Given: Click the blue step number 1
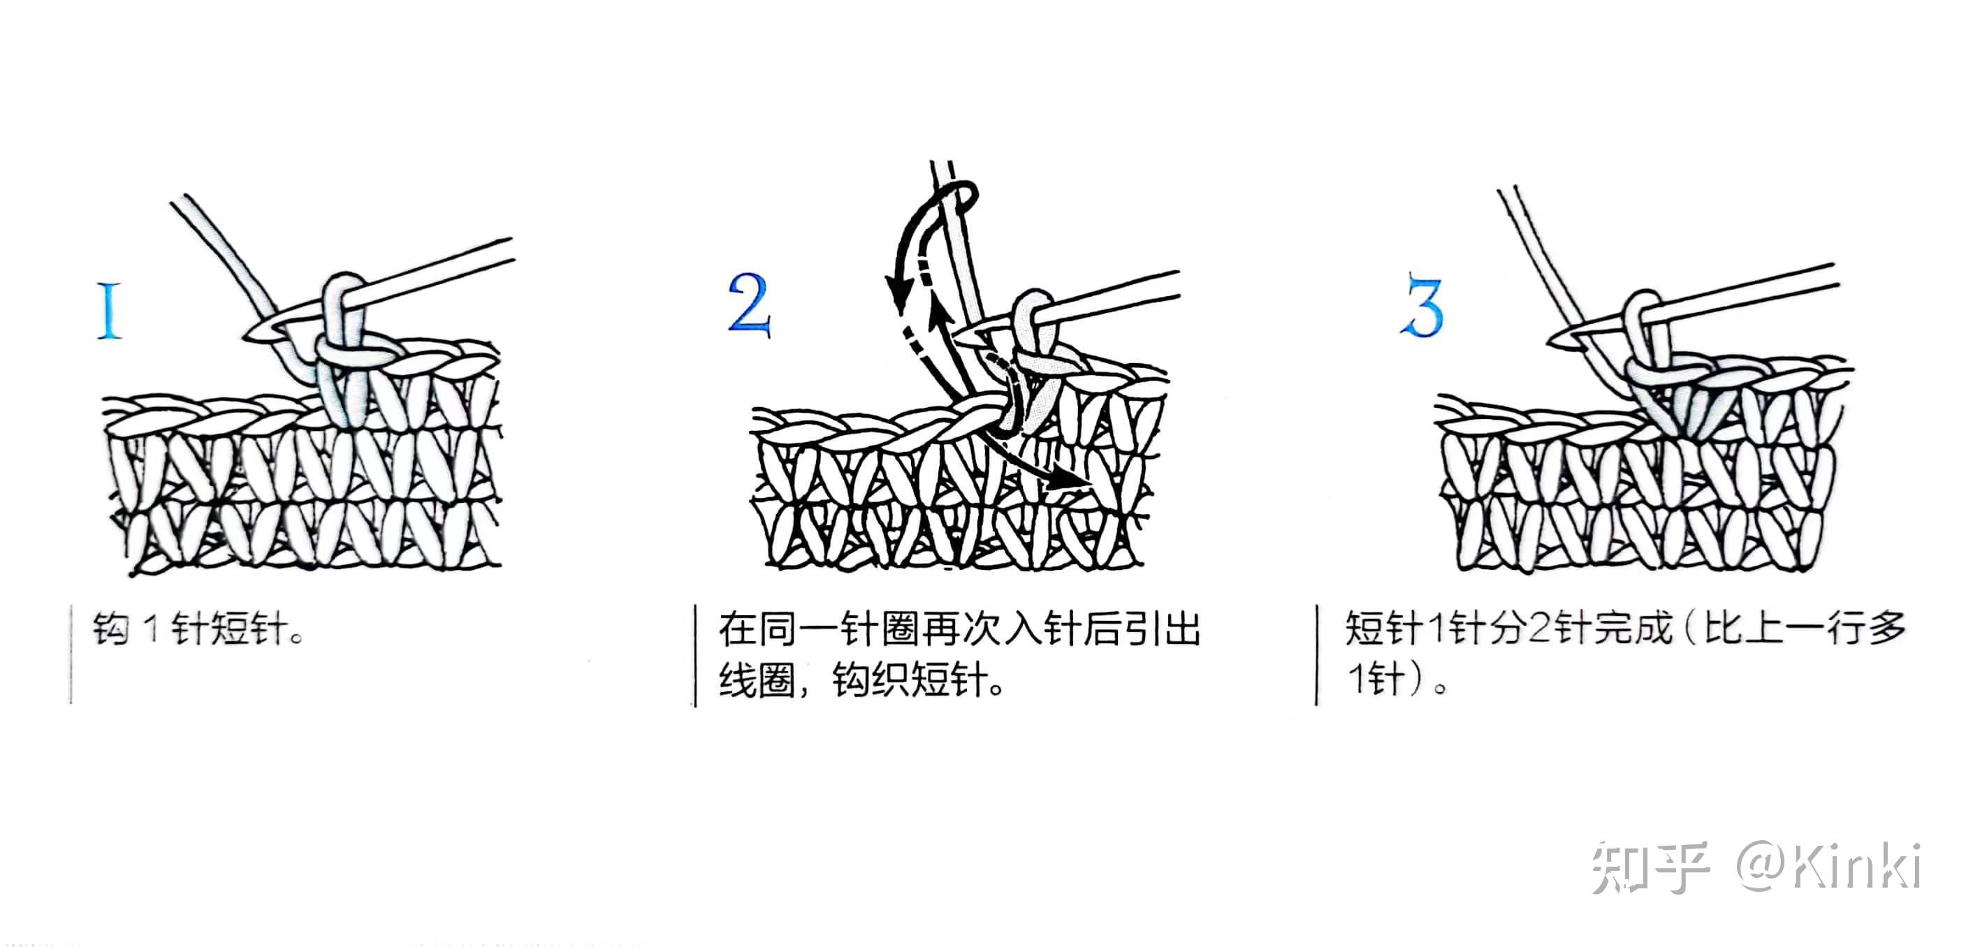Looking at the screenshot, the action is point(109,309).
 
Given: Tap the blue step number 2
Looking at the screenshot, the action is point(748,304).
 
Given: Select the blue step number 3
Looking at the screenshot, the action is point(1422,305).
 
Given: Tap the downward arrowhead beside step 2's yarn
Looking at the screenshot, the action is point(894,295).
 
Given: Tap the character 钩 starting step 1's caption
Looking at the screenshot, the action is point(110,629).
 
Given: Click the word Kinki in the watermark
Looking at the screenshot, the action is point(1857,866).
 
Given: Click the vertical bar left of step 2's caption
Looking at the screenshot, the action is point(694,655).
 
